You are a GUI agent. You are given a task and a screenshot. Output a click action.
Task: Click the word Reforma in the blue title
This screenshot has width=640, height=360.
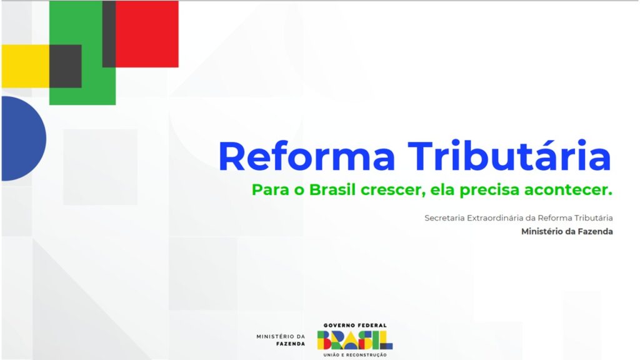pos(307,156)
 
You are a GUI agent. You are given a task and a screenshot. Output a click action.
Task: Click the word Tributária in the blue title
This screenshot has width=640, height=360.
pos(509,155)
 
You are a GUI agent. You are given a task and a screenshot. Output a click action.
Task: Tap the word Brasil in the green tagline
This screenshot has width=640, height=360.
pos(332,190)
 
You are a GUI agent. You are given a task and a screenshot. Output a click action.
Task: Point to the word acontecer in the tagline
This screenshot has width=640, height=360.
pos(568,191)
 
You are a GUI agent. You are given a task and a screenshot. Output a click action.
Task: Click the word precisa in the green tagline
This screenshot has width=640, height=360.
pos(489,191)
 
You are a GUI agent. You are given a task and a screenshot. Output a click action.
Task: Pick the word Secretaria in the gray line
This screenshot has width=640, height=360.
pos(444,218)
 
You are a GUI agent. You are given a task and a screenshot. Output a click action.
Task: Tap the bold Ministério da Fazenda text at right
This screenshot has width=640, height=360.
pos(567,231)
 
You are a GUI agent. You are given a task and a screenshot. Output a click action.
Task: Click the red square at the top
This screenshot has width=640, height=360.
pos(147,34)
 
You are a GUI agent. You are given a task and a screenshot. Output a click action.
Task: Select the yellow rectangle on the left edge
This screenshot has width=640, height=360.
pos(25,66)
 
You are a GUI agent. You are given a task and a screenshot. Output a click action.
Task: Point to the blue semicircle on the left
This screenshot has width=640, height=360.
pos(23,138)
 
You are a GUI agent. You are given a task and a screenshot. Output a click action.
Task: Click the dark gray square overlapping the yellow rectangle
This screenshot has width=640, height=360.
pos(65,66)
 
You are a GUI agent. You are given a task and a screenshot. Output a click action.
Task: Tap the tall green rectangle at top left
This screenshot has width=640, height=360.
pos(82,52)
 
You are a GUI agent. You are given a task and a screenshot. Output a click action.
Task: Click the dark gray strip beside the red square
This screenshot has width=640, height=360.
pos(109,34)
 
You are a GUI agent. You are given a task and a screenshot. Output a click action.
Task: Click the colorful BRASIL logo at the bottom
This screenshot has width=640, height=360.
pos(355,340)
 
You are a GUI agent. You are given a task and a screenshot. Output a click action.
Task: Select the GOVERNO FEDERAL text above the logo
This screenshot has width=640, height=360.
pos(355,325)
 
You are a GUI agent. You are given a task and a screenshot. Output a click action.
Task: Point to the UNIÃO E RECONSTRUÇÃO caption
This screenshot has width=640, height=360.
pos(355,355)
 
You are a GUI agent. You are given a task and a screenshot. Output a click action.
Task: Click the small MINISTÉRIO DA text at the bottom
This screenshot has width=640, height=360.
pos(281,336)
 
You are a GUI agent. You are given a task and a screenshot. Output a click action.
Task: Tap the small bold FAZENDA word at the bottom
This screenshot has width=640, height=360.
pos(290,344)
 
